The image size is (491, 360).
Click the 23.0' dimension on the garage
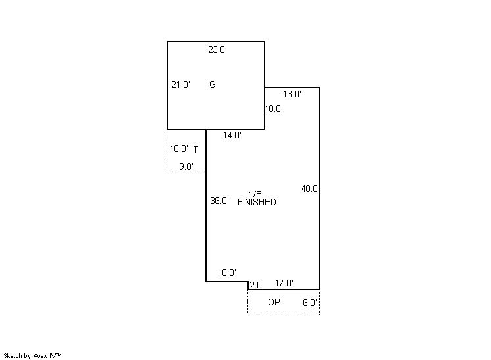(218, 49)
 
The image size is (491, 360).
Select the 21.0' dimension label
(181, 84)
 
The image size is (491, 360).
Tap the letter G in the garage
(213, 84)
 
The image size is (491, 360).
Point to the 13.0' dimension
(292, 94)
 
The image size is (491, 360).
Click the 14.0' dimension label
(232, 135)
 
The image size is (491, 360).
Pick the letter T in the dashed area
(195, 149)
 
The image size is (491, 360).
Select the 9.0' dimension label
(186, 167)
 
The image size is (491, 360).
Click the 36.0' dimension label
(220, 201)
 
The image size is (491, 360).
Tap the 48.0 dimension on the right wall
(309, 188)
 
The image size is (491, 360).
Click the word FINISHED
(257, 202)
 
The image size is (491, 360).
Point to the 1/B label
(255, 194)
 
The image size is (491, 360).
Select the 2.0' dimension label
(257, 285)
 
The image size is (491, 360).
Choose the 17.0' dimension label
(284, 283)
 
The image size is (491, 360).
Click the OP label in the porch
(274, 302)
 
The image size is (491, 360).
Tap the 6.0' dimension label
(310, 303)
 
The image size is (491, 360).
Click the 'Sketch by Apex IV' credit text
(32, 356)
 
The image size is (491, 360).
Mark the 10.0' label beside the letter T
(179, 149)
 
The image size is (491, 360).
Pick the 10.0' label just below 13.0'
(274, 109)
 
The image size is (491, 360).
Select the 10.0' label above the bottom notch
(227, 272)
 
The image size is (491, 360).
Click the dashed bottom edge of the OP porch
(284, 315)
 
